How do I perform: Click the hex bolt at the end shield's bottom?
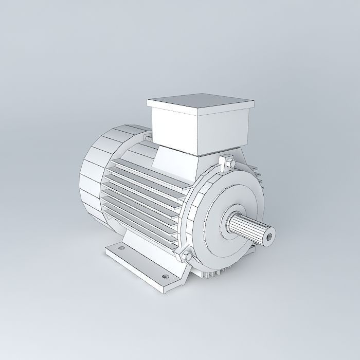click(186, 255)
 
